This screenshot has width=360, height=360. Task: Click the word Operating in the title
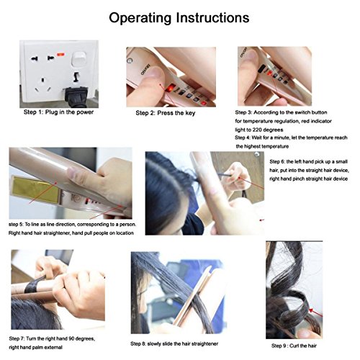click(x=140, y=19)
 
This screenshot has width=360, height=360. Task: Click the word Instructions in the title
click(x=212, y=18)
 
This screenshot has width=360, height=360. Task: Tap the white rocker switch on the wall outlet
click(x=79, y=58)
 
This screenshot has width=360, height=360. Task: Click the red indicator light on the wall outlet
click(x=60, y=55)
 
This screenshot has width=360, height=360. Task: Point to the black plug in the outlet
click(x=76, y=97)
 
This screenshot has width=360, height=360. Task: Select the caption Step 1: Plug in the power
click(x=58, y=112)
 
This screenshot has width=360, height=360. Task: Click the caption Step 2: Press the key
click(x=166, y=113)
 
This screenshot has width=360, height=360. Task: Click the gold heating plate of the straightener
click(x=35, y=189)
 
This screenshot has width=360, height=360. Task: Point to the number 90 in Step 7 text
click(x=71, y=338)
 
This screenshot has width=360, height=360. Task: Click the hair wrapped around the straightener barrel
click(x=33, y=285)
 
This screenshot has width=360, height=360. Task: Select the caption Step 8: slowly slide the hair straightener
click(x=174, y=343)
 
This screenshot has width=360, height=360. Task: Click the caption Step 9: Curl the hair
click(x=294, y=346)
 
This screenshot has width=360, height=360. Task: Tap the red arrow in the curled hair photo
click(x=315, y=312)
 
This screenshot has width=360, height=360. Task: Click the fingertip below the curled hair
click(x=306, y=333)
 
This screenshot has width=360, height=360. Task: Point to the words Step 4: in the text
click(x=243, y=138)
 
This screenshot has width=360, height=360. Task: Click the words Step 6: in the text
click(x=277, y=162)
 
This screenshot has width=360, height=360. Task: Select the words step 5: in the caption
click(x=16, y=225)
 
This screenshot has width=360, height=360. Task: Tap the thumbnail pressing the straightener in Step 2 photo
click(x=155, y=73)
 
